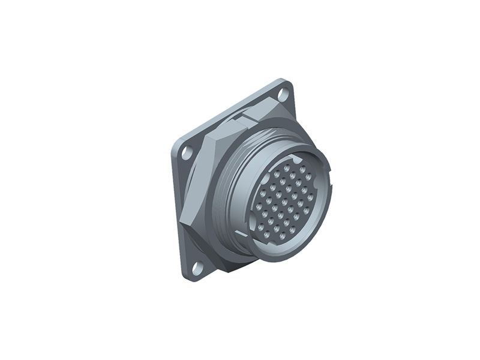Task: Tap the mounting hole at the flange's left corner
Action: [187, 152]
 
